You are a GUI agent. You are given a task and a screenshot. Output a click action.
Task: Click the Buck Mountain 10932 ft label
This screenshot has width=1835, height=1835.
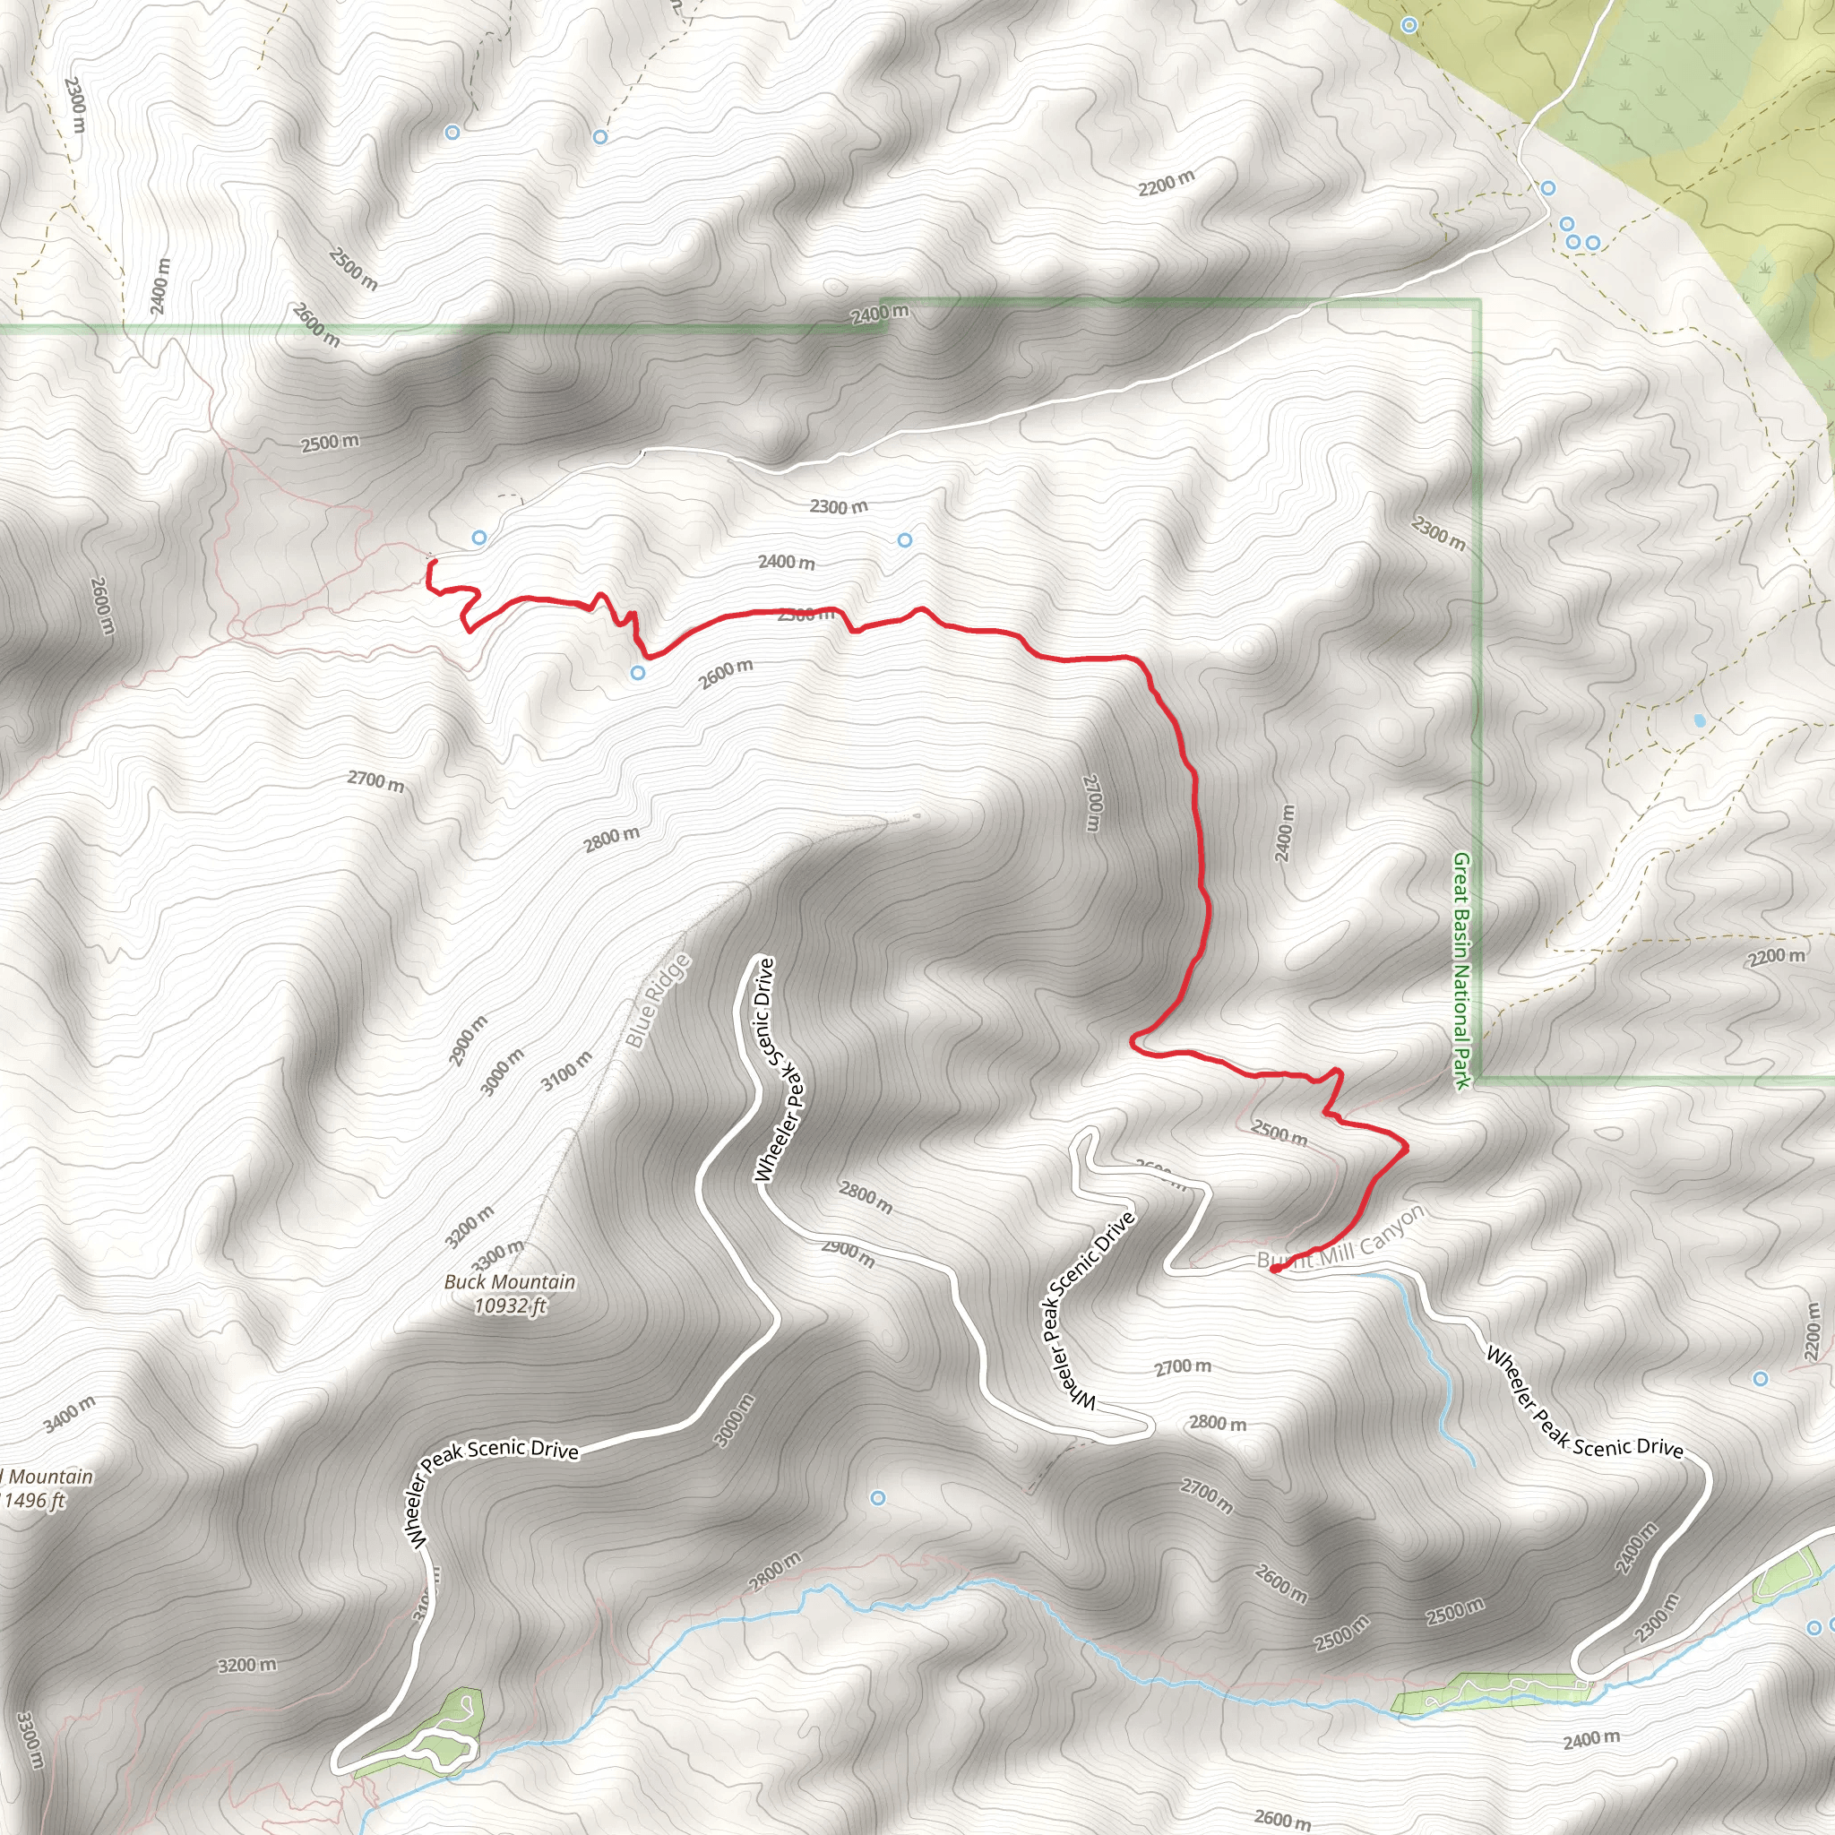click(510, 1294)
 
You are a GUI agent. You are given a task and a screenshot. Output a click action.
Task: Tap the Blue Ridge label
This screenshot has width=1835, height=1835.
click(659, 1002)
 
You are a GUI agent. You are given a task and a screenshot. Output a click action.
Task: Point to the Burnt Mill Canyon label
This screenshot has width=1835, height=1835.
click(1340, 1240)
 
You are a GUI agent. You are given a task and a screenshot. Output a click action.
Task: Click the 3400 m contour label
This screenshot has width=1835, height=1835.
click(69, 1413)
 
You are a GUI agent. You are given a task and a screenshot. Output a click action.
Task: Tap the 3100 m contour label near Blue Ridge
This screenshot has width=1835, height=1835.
click(567, 1071)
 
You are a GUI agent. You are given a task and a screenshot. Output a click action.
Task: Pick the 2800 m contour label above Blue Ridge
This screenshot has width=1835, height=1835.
click(612, 840)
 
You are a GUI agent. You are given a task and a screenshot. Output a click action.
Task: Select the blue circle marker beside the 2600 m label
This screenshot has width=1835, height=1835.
click(638, 673)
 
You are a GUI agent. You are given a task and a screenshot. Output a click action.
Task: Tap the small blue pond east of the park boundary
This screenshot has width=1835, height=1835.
click(1699, 721)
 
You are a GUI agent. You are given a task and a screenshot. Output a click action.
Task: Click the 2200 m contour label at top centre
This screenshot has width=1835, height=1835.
click(1167, 183)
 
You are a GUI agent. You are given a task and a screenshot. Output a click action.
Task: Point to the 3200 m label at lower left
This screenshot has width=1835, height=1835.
click(247, 1666)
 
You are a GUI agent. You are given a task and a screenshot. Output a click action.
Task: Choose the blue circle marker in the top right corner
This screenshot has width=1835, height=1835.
click(1409, 26)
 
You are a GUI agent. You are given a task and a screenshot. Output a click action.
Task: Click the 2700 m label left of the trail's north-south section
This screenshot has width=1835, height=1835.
click(1092, 804)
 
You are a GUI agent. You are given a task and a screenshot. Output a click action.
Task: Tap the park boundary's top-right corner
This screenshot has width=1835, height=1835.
click(1477, 302)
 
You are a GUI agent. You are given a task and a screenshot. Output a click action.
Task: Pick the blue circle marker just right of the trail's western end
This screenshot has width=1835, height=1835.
click(479, 538)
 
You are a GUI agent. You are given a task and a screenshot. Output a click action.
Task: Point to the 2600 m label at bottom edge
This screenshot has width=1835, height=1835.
click(1282, 1820)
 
